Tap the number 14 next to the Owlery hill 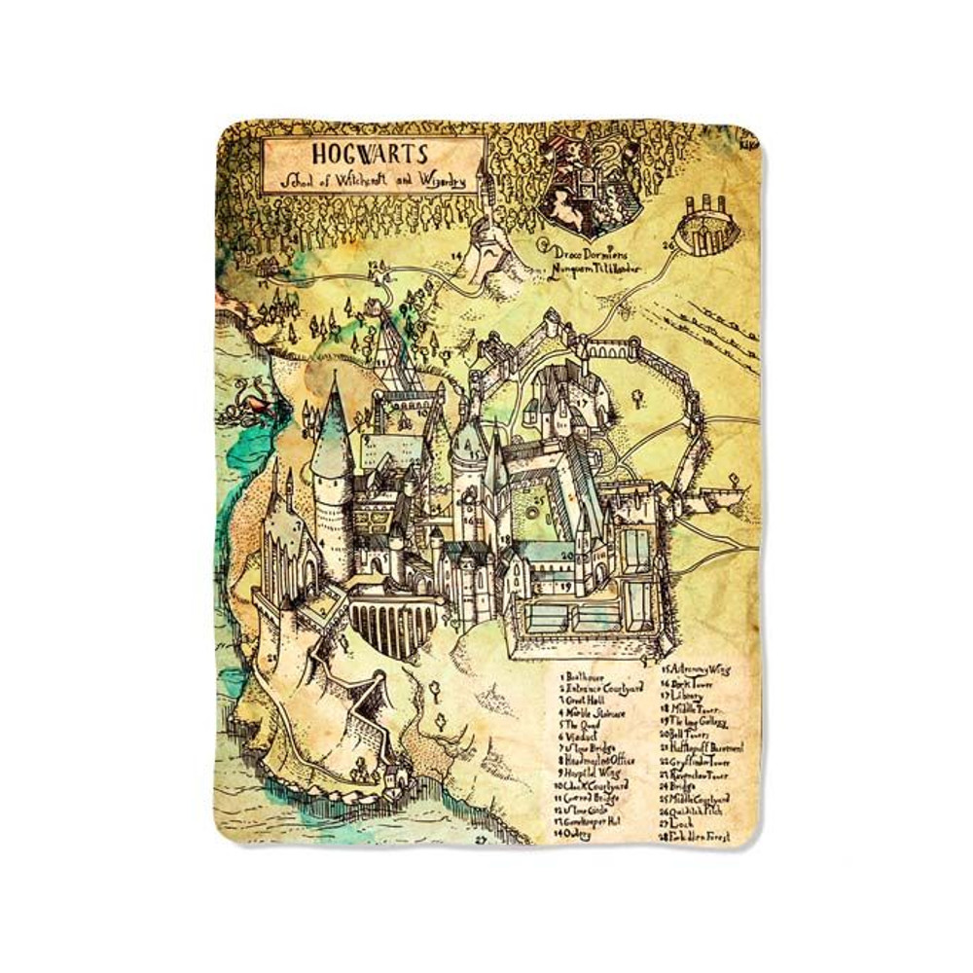[x=455, y=254]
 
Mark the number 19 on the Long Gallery [x=566, y=588]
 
